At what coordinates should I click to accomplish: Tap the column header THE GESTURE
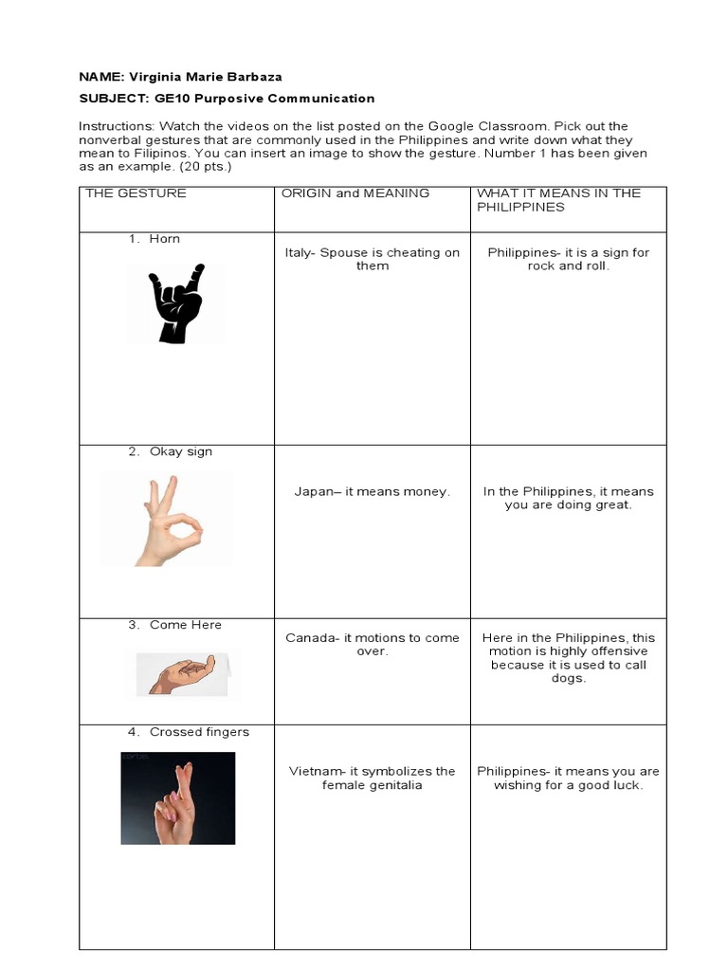click(136, 193)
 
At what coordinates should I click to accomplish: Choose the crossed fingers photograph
click(177, 797)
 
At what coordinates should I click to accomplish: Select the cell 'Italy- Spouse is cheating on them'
click(372, 259)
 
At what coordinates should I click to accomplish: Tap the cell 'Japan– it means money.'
click(372, 492)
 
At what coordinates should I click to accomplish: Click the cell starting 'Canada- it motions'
click(372, 645)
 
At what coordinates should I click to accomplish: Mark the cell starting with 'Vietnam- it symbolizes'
click(372, 779)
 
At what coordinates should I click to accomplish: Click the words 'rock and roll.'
click(569, 266)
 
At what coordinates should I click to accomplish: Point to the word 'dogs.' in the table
click(569, 678)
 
